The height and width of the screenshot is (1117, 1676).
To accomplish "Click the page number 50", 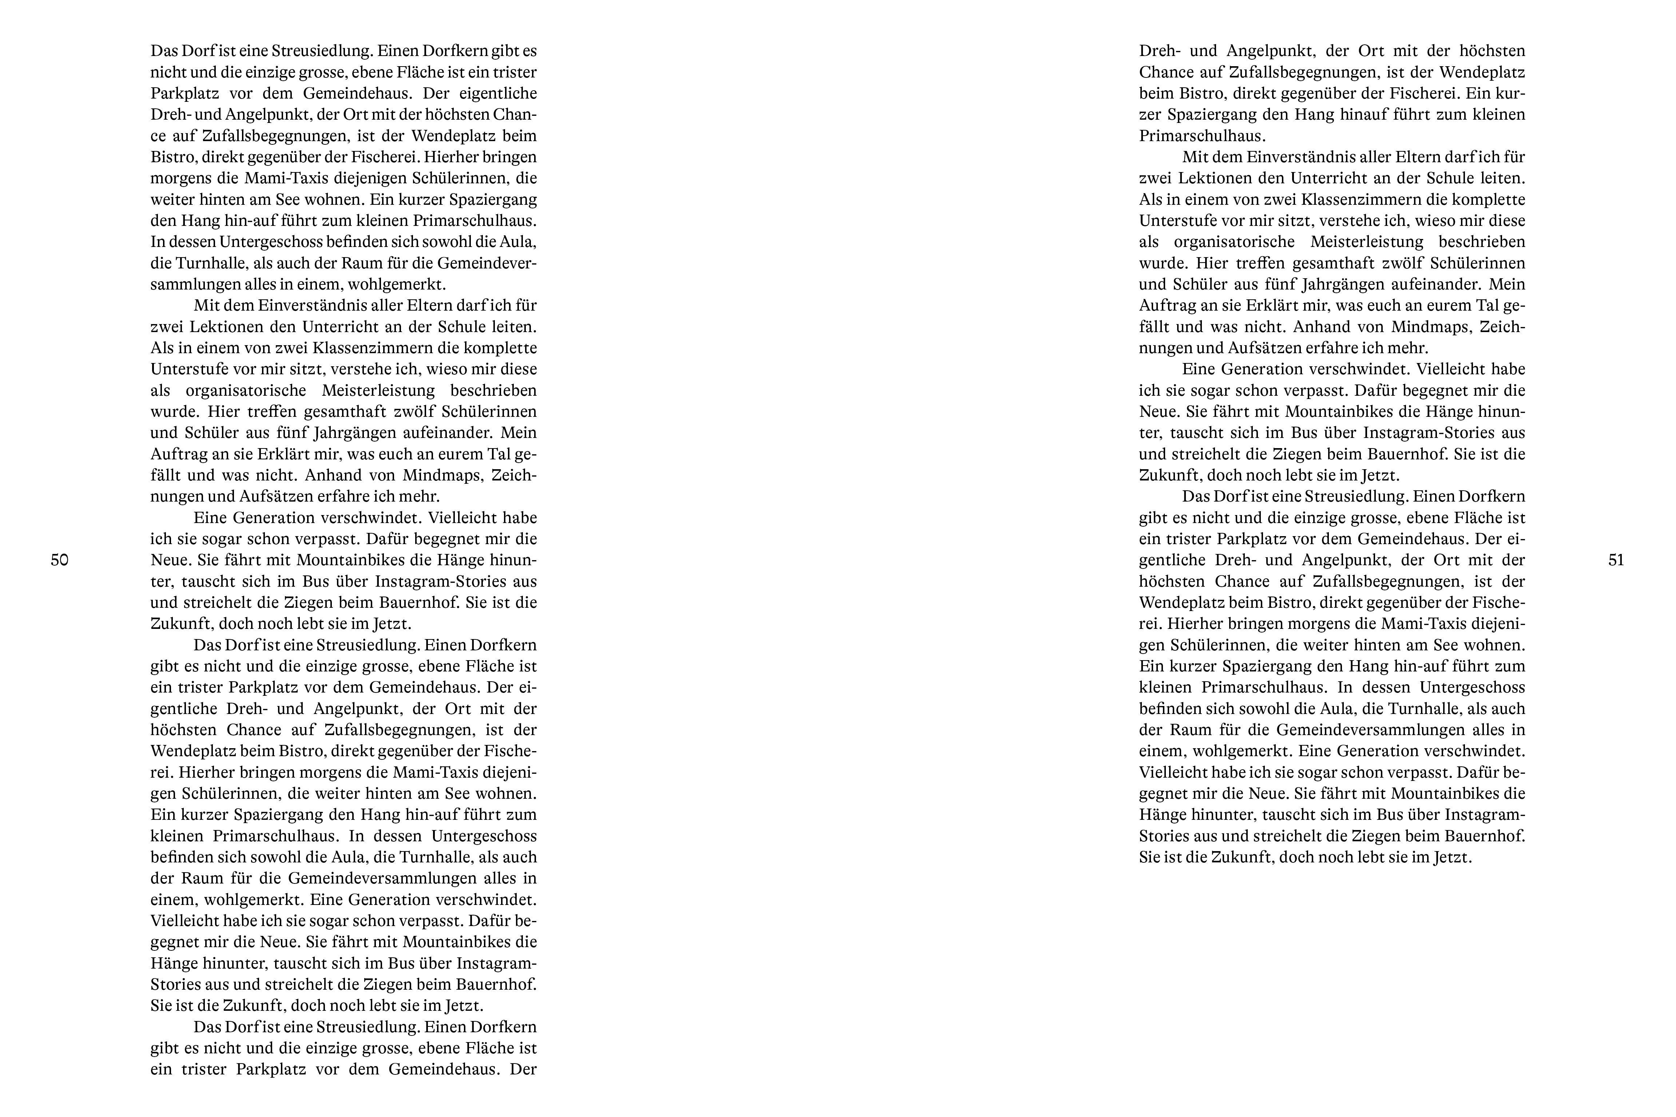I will [60, 560].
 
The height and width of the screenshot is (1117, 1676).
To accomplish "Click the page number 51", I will [1616, 560].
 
